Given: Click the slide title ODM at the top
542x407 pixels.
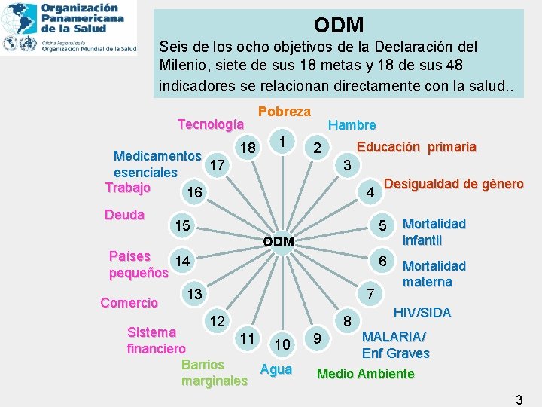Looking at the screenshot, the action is pyautogui.click(x=339, y=25).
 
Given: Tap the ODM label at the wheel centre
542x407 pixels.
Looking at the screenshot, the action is pyautogui.click(x=279, y=242).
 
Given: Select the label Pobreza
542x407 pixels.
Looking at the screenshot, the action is pyautogui.click(x=284, y=112).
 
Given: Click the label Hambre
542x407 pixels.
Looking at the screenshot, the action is pyautogui.click(x=352, y=125).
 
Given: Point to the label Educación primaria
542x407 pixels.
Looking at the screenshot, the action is pyautogui.click(x=416, y=147).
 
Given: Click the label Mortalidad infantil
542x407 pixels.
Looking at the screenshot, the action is pyautogui.click(x=434, y=232).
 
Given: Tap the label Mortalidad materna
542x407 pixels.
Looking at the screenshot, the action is pyautogui.click(x=434, y=274).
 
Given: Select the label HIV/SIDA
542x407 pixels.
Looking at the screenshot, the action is pyautogui.click(x=422, y=312).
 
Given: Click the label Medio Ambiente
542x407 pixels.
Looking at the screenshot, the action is pyautogui.click(x=366, y=374).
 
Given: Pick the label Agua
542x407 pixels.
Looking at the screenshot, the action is pyautogui.click(x=276, y=369).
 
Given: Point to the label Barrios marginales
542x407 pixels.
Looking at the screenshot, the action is pyautogui.click(x=214, y=372).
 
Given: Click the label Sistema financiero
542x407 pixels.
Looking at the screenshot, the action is pyautogui.click(x=156, y=340).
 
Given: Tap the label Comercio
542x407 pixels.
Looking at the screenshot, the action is pyautogui.click(x=129, y=303).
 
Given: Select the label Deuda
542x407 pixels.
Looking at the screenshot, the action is pyautogui.click(x=124, y=215).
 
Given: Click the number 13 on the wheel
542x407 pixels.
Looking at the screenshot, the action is pyautogui.click(x=194, y=295).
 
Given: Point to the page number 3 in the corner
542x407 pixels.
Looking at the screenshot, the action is pyautogui.click(x=519, y=400).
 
